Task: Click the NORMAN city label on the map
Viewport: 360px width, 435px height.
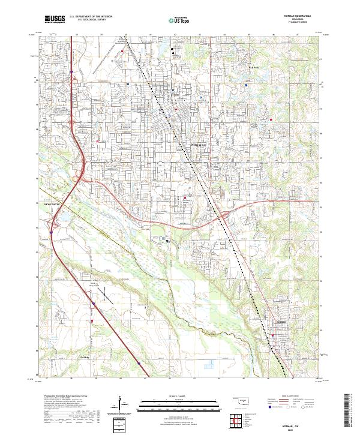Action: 198,146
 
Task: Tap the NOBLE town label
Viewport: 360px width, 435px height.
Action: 281,322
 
